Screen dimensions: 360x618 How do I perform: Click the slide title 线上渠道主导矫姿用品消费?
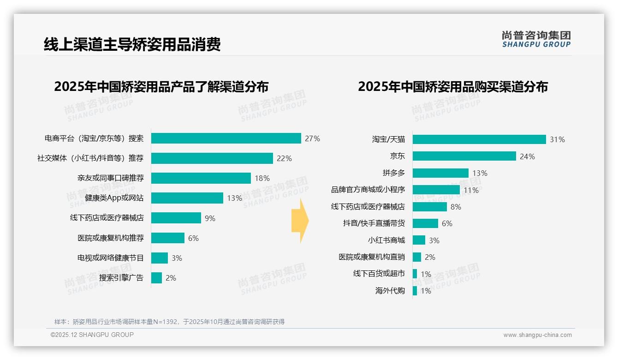(x=132, y=44)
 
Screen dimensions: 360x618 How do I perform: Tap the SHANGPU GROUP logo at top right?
(x=536, y=39)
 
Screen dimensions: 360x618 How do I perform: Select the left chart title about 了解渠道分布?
(x=161, y=87)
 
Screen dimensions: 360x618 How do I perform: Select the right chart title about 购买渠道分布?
(x=452, y=87)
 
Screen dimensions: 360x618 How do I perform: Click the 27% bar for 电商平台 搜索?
(x=226, y=138)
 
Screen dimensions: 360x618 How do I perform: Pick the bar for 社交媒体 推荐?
(x=212, y=158)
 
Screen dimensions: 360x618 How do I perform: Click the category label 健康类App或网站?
(x=114, y=198)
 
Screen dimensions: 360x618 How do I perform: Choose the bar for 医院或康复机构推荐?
(x=168, y=238)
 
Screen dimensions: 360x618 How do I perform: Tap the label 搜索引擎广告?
(x=121, y=278)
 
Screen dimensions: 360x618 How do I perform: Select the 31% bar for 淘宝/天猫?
(x=479, y=139)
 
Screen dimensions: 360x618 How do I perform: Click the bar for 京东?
(x=464, y=156)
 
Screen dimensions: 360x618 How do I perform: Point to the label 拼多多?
(x=393, y=173)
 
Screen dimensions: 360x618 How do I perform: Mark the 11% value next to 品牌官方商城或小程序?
(x=471, y=190)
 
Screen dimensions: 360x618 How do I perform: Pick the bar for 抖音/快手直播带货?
(x=425, y=223)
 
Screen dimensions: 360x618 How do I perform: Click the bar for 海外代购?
(x=415, y=291)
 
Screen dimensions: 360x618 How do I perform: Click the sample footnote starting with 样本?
(x=169, y=322)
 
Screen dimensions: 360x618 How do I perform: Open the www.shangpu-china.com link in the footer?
(x=537, y=335)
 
